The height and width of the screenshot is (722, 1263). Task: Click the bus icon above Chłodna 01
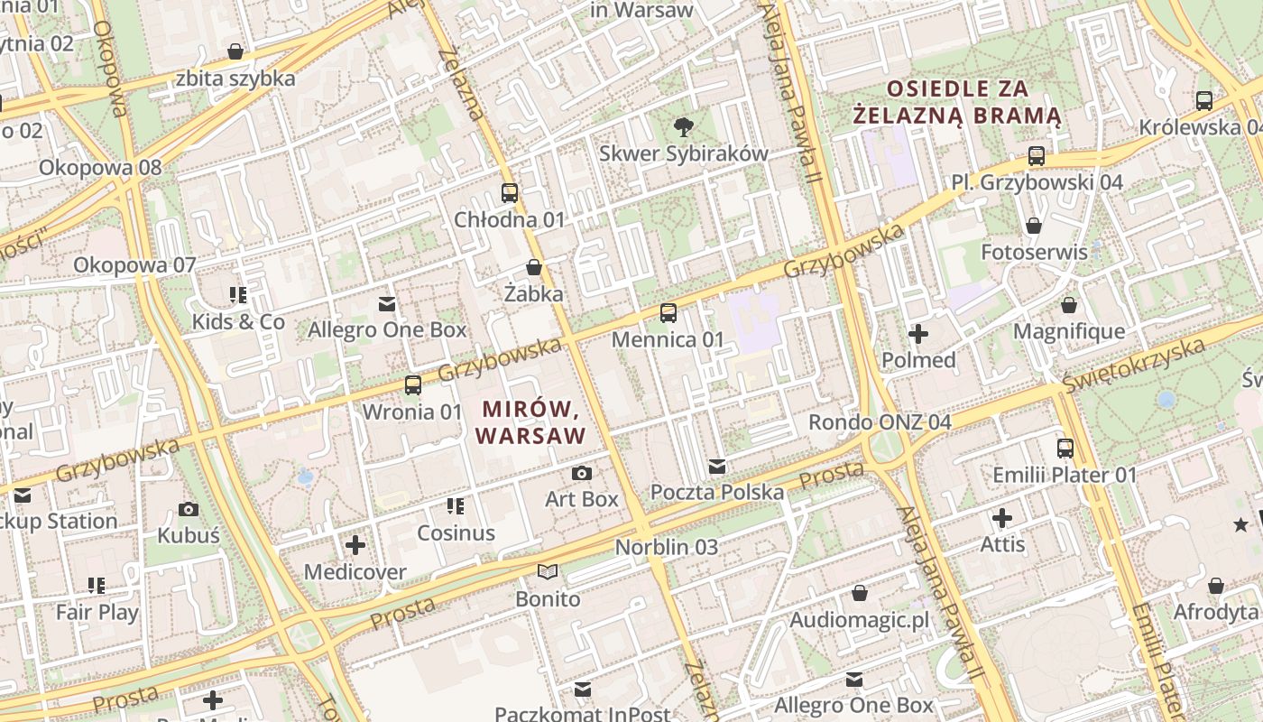click(x=510, y=192)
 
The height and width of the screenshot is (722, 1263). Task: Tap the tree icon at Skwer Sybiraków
click(x=684, y=126)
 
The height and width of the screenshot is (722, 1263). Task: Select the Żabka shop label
click(x=534, y=293)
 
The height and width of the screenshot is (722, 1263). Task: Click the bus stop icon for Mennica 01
click(x=668, y=313)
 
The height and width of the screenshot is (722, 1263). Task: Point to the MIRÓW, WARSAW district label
click(x=530, y=422)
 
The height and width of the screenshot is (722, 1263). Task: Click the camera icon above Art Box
click(x=582, y=473)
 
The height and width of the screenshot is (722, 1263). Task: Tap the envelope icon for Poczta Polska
click(x=717, y=467)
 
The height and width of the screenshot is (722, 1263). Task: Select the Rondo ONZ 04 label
click(x=880, y=421)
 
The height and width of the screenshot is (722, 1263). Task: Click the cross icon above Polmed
click(x=918, y=335)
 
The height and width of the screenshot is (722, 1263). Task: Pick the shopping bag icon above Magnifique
click(x=1069, y=306)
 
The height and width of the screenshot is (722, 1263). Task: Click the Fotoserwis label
click(x=1034, y=252)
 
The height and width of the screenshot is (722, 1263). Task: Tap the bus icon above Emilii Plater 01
click(x=1065, y=448)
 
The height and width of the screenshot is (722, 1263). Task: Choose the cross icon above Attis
click(x=1002, y=518)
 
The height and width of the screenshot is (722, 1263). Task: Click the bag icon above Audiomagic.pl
click(x=860, y=593)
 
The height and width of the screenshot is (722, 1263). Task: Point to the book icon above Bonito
click(x=548, y=571)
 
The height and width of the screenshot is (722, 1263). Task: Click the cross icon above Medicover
click(x=355, y=545)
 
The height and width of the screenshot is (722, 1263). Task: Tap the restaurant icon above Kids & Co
click(x=238, y=294)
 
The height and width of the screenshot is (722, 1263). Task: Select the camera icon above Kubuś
click(x=189, y=509)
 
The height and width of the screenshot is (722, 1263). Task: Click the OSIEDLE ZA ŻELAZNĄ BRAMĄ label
click(x=957, y=102)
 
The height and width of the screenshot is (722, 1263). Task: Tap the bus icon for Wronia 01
click(x=412, y=385)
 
